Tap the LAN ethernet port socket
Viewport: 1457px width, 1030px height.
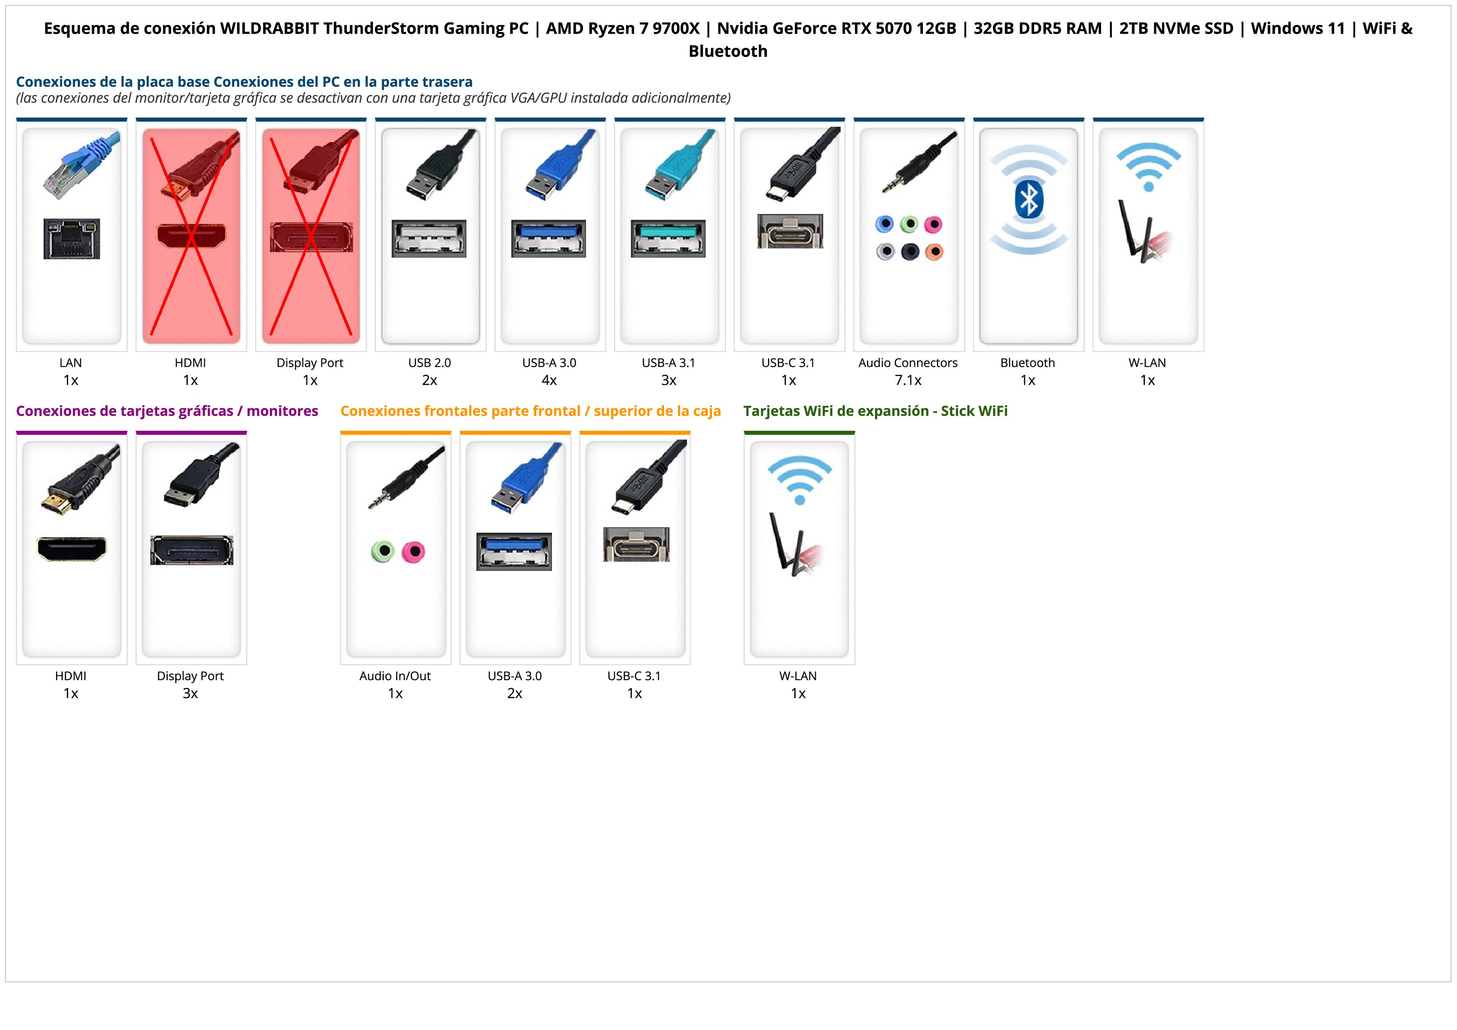pyautogui.click(x=72, y=238)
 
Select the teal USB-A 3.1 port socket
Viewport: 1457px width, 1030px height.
pyautogui.click(x=668, y=238)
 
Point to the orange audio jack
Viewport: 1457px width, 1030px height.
pyautogui.click(x=934, y=252)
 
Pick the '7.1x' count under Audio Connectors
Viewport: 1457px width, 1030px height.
pyautogui.click(x=908, y=380)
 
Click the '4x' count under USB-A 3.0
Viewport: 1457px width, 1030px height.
pyautogui.click(x=549, y=380)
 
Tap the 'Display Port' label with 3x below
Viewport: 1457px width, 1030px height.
pyautogui.click(x=190, y=676)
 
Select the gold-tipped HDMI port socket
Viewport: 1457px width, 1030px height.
pyautogui.click(x=72, y=549)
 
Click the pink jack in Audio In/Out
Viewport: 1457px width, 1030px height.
pyautogui.click(x=413, y=551)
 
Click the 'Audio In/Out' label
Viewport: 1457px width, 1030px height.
pyautogui.click(x=395, y=676)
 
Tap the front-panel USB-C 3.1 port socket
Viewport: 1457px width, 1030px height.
pyautogui.click(x=636, y=545)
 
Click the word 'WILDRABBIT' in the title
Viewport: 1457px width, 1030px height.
pyautogui.click(x=269, y=29)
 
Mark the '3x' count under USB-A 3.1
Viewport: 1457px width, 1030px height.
pyautogui.click(x=669, y=380)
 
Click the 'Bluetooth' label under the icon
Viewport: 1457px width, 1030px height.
pyautogui.click(x=1028, y=363)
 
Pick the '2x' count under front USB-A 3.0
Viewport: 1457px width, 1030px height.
pyautogui.click(x=515, y=693)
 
